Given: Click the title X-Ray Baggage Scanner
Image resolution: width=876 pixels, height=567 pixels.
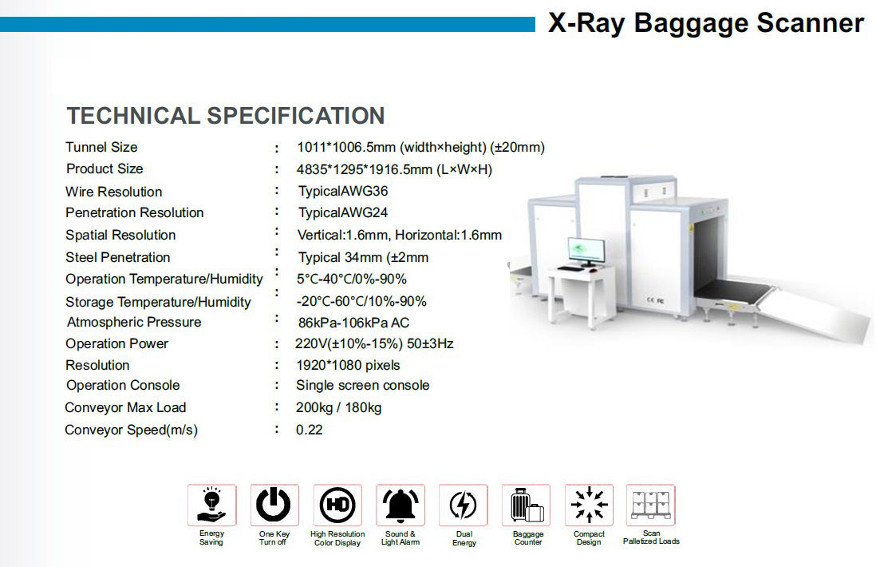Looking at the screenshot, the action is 705,23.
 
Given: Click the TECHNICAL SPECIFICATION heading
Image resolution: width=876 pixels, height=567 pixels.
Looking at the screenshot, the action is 226,116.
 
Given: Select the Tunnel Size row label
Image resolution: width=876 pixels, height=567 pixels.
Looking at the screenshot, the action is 101,147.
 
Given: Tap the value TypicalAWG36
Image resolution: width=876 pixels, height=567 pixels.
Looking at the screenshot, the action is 342,191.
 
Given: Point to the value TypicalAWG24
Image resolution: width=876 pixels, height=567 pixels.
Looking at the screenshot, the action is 342,212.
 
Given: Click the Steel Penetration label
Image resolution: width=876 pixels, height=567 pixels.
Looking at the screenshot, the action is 117,257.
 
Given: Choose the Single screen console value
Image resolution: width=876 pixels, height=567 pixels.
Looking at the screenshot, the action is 362,385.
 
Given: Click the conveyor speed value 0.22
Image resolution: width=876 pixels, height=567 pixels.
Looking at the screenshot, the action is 309,430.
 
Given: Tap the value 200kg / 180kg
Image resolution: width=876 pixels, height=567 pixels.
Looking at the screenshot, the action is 338,407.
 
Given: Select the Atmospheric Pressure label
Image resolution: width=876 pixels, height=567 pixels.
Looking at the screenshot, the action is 134,322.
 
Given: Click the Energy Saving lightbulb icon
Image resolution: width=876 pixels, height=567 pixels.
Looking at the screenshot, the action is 211,505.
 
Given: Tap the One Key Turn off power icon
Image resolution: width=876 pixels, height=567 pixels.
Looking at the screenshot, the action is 274,505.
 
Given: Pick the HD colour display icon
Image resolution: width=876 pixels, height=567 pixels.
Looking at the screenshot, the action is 337,505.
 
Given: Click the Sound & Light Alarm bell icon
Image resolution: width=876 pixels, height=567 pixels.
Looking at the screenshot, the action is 400,505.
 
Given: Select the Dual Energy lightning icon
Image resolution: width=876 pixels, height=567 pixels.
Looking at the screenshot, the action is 464,505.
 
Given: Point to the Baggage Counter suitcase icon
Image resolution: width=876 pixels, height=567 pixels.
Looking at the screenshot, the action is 527,505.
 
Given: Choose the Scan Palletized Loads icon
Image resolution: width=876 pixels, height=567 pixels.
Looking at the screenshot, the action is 651,505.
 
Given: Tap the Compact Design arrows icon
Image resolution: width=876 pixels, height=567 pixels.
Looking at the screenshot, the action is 589,505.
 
